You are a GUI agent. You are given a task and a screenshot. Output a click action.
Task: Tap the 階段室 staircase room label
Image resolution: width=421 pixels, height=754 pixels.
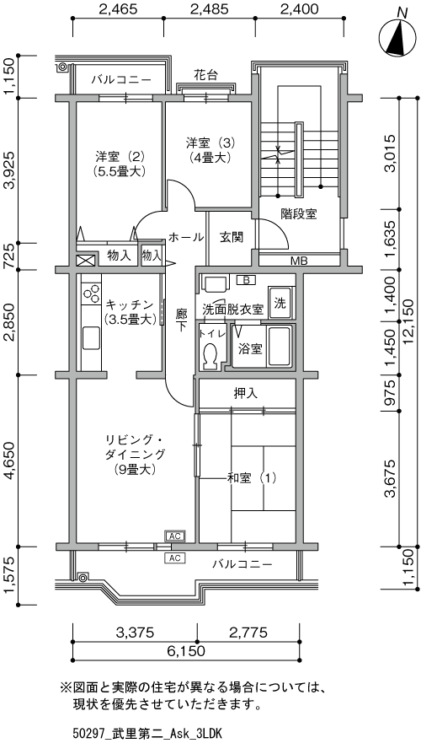click(x=299, y=214)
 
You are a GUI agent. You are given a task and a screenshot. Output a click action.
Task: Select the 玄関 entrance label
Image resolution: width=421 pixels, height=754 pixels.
click(x=232, y=237)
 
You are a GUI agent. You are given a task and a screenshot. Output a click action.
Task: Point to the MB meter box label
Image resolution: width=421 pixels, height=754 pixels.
click(x=299, y=261)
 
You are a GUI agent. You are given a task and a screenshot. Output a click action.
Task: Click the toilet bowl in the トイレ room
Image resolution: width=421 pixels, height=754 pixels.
click(x=210, y=356)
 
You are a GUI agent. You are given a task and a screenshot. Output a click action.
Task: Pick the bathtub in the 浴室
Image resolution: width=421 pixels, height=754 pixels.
click(x=279, y=347)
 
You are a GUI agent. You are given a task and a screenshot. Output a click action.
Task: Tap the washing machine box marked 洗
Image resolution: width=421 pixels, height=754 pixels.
click(x=280, y=303)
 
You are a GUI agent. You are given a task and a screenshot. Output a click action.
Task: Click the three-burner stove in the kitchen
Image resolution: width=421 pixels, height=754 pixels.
click(x=91, y=293)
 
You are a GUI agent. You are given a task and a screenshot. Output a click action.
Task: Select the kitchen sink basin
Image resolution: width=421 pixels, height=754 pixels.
click(x=91, y=337)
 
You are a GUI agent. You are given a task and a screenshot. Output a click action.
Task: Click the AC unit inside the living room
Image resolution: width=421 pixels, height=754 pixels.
click(x=175, y=536)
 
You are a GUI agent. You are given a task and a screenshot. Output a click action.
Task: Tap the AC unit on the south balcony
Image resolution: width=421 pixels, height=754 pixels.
click(x=175, y=557)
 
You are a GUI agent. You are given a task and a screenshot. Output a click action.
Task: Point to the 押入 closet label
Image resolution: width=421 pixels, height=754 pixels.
click(x=246, y=393)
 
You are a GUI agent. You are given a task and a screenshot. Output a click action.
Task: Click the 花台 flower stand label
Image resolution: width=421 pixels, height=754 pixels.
click(x=206, y=75)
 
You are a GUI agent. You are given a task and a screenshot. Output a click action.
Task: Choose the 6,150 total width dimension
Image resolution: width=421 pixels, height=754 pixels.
click(x=186, y=651)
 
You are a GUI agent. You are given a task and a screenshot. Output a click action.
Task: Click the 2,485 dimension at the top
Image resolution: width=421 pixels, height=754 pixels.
click(x=209, y=8)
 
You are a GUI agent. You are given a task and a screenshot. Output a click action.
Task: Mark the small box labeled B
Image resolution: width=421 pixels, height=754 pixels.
click(x=246, y=280)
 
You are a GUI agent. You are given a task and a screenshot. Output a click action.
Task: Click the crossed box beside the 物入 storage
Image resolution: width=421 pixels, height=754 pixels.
click(x=87, y=261)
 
